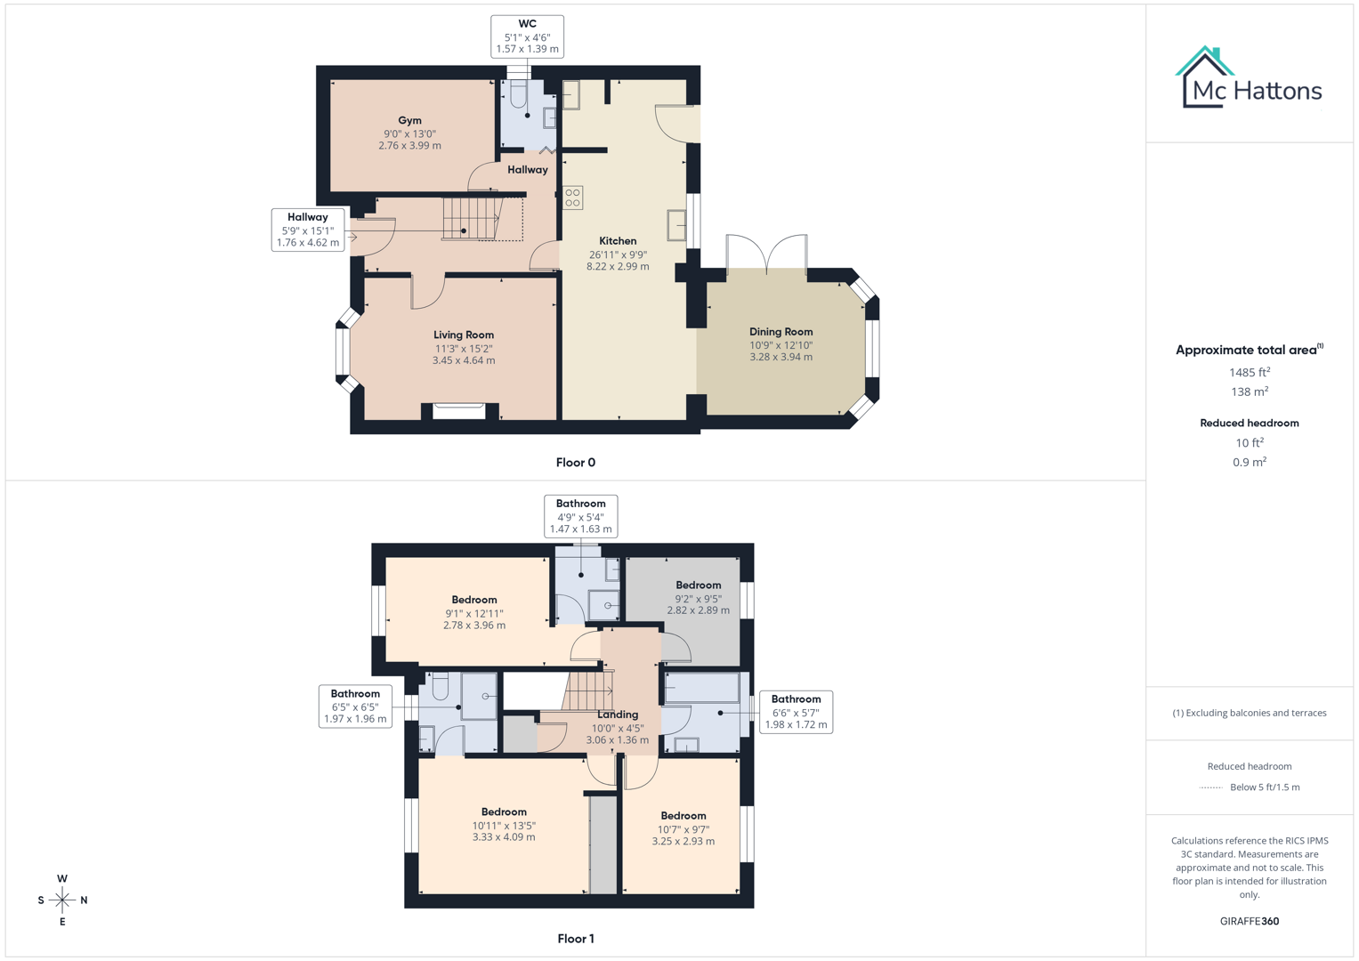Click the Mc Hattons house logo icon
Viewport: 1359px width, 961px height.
pyautogui.click(x=1205, y=77)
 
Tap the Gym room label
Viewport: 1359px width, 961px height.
pyautogui.click(x=409, y=120)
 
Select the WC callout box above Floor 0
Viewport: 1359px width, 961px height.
pyautogui.click(x=527, y=36)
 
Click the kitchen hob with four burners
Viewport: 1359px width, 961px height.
pyautogui.click(x=572, y=198)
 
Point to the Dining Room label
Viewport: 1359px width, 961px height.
pyautogui.click(x=781, y=332)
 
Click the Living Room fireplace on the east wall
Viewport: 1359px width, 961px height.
pyautogui.click(x=459, y=411)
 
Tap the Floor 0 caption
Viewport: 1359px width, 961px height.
pyautogui.click(x=575, y=463)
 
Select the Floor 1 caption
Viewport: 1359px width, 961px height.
pyautogui.click(x=575, y=939)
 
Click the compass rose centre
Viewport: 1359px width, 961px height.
pyautogui.click(x=62, y=900)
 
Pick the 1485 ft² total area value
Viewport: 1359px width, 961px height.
pyautogui.click(x=1249, y=372)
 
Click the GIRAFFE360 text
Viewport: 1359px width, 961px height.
pyautogui.click(x=1249, y=921)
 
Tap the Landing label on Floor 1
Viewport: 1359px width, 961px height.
pyautogui.click(x=618, y=715)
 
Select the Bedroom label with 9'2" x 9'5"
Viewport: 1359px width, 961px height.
pyautogui.click(x=698, y=585)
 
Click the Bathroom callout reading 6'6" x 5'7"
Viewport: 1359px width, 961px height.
pyautogui.click(x=796, y=712)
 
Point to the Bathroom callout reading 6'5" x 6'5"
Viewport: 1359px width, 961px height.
pyautogui.click(x=355, y=707)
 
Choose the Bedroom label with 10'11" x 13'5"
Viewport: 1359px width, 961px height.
pyautogui.click(x=504, y=812)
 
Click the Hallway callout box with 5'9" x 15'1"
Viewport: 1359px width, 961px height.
pyautogui.click(x=307, y=230)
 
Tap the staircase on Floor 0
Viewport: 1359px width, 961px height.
pyautogui.click(x=472, y=218)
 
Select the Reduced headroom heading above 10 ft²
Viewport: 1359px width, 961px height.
pyautogui.click(x=1249, y=423)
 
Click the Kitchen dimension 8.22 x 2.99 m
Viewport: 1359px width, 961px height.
pyautogui.click(x=618, y=266)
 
